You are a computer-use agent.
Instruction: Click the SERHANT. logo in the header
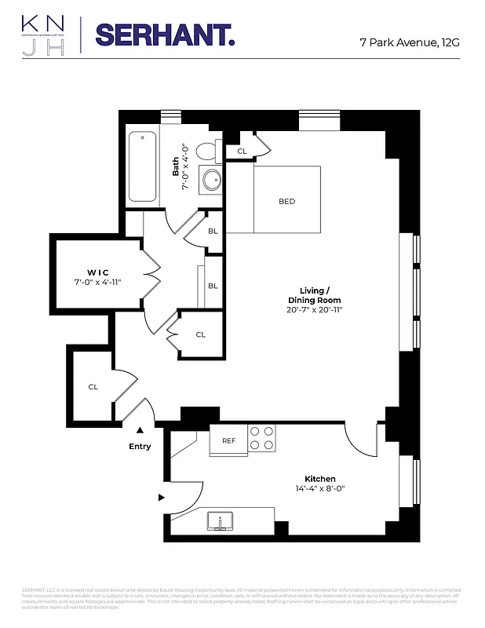pos(164,35)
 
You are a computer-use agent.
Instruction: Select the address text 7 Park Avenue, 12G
pos(409,42)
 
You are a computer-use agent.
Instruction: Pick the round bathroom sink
pos(211,181)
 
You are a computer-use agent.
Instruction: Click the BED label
pos(286,202)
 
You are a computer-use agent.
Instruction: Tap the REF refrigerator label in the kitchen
pos(228,440)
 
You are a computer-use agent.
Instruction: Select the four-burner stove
pos(262,439)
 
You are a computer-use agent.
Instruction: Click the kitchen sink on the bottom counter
pos(221,520)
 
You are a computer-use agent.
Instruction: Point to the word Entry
pos(140,447)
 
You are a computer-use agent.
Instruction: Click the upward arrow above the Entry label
pos(140,430)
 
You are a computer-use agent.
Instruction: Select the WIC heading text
pos(97,272)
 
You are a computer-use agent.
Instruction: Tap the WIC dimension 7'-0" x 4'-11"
pos(97,282)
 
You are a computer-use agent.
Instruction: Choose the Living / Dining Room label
pos(314,294)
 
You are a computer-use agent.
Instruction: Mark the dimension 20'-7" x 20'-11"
pos(314,310)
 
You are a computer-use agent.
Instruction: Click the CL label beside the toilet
pos(241,151)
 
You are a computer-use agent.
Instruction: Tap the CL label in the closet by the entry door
pos(93,386)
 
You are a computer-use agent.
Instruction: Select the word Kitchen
pos(319,479)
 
